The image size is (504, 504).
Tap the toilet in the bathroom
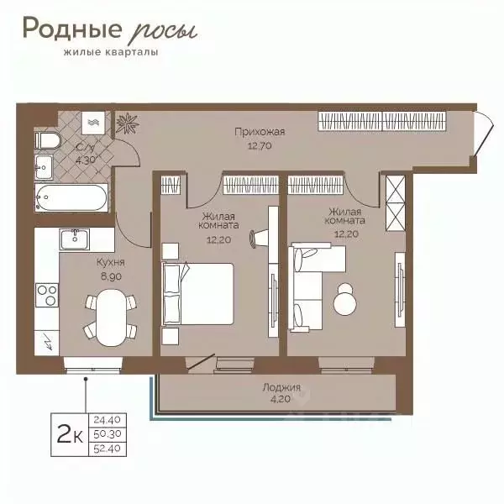45,139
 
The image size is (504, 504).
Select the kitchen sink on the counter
76,239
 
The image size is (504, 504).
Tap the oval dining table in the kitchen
107,317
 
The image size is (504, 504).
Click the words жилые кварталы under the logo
105,52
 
